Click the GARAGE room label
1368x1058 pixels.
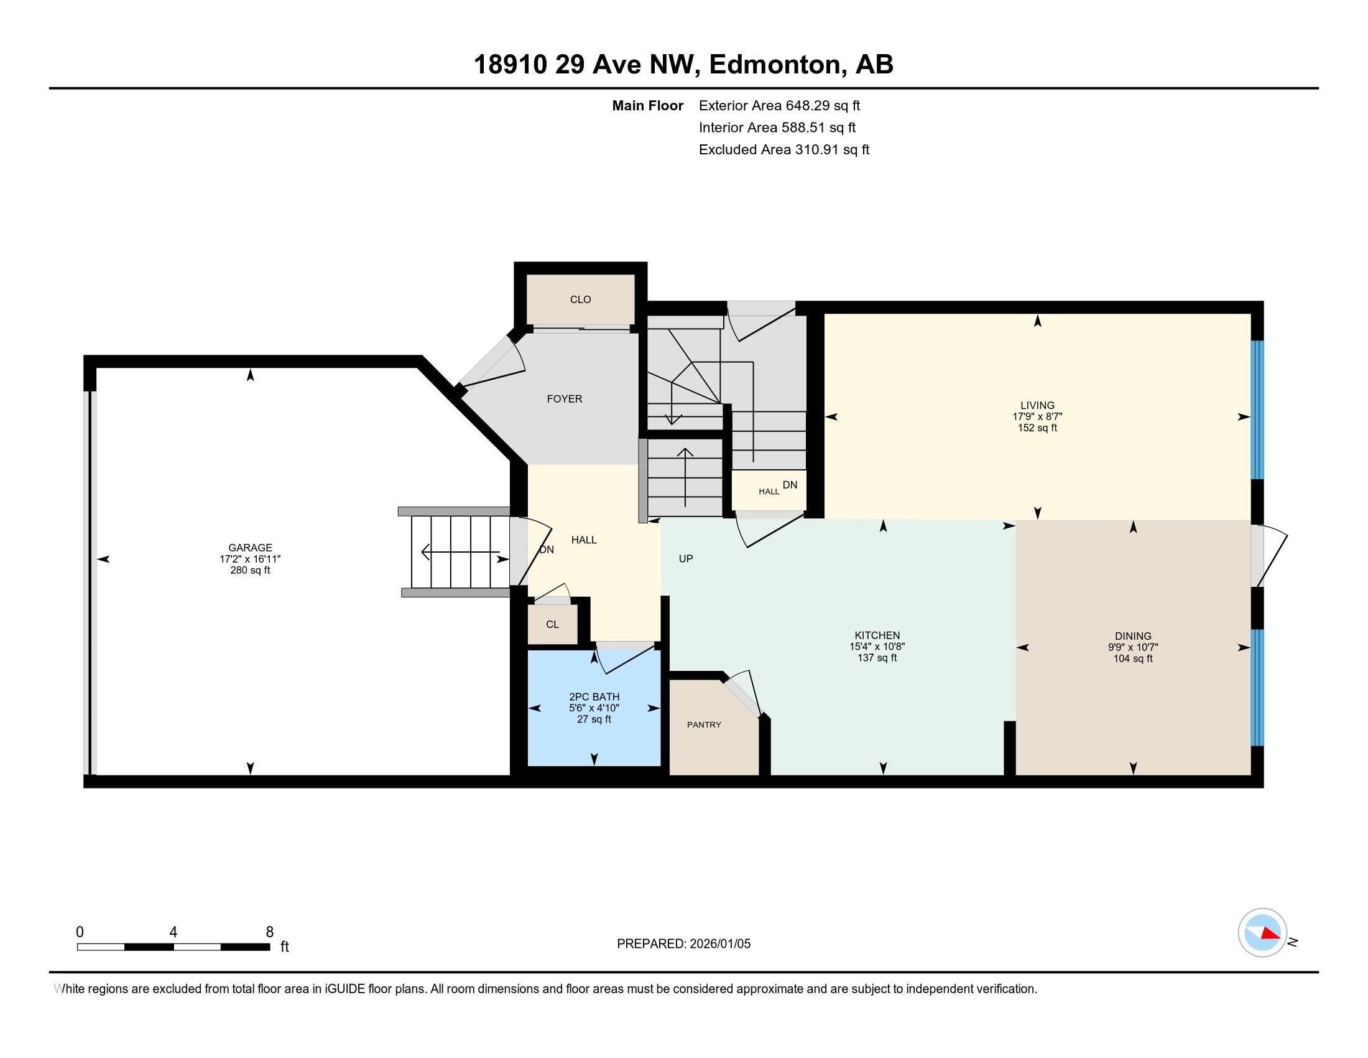(250, 547)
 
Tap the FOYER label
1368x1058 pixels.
(565, 399)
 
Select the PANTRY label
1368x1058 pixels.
(704, 724)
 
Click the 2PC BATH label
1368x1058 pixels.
(594, 696)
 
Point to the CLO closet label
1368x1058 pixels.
(580, 299)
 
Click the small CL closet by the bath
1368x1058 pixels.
(552, 624)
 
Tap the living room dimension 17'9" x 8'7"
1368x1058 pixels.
(1037, 416)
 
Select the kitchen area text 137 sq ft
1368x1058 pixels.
(877, 657)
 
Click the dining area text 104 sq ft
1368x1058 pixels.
(1132, 658)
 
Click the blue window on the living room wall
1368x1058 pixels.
(1257, 410)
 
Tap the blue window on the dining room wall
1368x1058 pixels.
(1257, 687)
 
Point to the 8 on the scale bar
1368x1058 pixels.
(270, 932)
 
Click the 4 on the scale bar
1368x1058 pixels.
(173, 932)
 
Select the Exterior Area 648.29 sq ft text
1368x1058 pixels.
(779, 105)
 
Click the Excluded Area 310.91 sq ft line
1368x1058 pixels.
(783, 149)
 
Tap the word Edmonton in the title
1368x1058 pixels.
(775, 64)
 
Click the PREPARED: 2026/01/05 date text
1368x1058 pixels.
(683, 943)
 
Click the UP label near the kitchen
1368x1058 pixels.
(685, 558)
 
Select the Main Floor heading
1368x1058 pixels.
(647, 105)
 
